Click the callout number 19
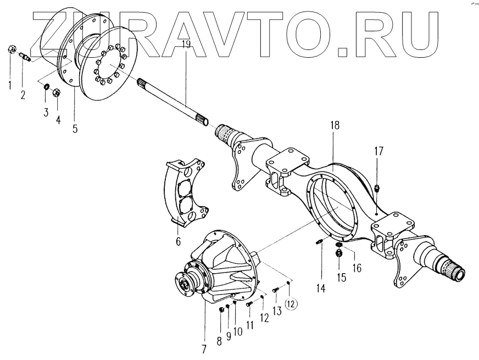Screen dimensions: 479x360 point(186,46)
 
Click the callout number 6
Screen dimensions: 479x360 point(179,242)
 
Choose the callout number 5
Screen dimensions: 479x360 point(75,129)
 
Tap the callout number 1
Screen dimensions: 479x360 point(9,84)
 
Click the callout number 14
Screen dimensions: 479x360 point(320,287)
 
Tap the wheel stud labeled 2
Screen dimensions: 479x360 point(25,56)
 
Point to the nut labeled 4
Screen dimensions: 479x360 point(56,92)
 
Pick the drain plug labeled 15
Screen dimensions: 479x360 point(339,253)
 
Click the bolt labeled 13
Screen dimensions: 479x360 point(276,287)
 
